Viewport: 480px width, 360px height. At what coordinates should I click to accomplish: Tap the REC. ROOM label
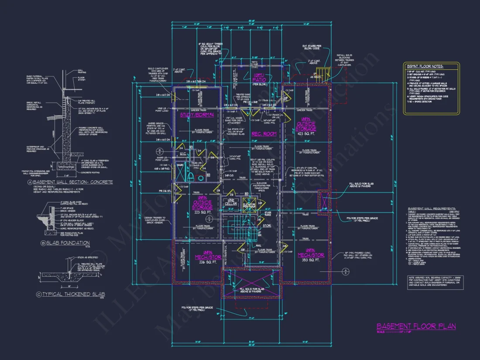pyautogui.click(x=264, y=134)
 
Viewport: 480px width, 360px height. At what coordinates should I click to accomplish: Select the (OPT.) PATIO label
pyautogui.click(x=260, y=78)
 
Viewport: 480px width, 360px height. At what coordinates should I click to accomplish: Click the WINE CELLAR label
pyautogui.click(x=231, y=202)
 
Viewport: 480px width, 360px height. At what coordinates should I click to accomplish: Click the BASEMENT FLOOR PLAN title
pyautogui.click(x=416, y=326)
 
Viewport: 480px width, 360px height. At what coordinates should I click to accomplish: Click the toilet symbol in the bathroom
pyautogui.click(x=191, y=177)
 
